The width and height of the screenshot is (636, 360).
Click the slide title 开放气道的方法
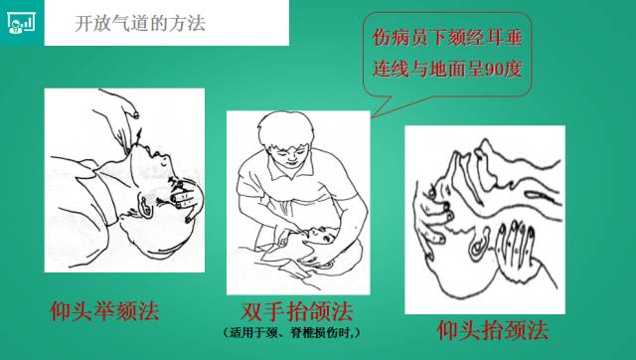140,23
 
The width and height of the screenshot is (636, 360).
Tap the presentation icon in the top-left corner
21,22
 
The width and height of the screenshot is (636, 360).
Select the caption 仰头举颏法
104,311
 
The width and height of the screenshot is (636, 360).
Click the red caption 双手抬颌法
296,311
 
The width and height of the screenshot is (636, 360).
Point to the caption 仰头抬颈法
493,330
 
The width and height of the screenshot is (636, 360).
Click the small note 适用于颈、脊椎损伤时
291,333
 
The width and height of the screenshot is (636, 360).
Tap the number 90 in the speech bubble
493,70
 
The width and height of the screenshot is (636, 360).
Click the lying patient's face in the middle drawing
320,237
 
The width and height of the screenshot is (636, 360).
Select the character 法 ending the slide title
197,23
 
